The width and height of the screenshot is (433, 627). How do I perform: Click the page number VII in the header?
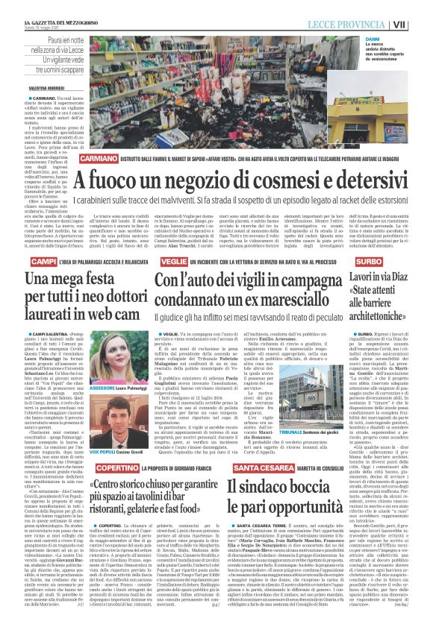(x=421, y=25)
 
